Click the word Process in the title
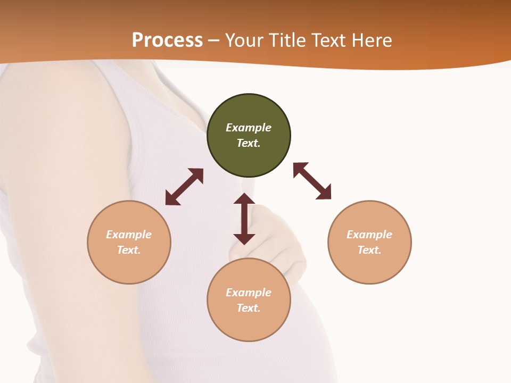(167, 40)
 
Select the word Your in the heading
(243, 40)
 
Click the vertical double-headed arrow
(244, 219)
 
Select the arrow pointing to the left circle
(184, 187)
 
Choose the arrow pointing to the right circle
(312, 181)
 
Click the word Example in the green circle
(249, 128)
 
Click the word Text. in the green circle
(249, 143)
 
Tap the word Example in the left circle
(129, 235)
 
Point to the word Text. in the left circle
(129, 250)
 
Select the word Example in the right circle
(369, 235)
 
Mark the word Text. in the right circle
(369, 250)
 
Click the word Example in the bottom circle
(249, 293)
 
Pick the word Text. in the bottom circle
(249, 308)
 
